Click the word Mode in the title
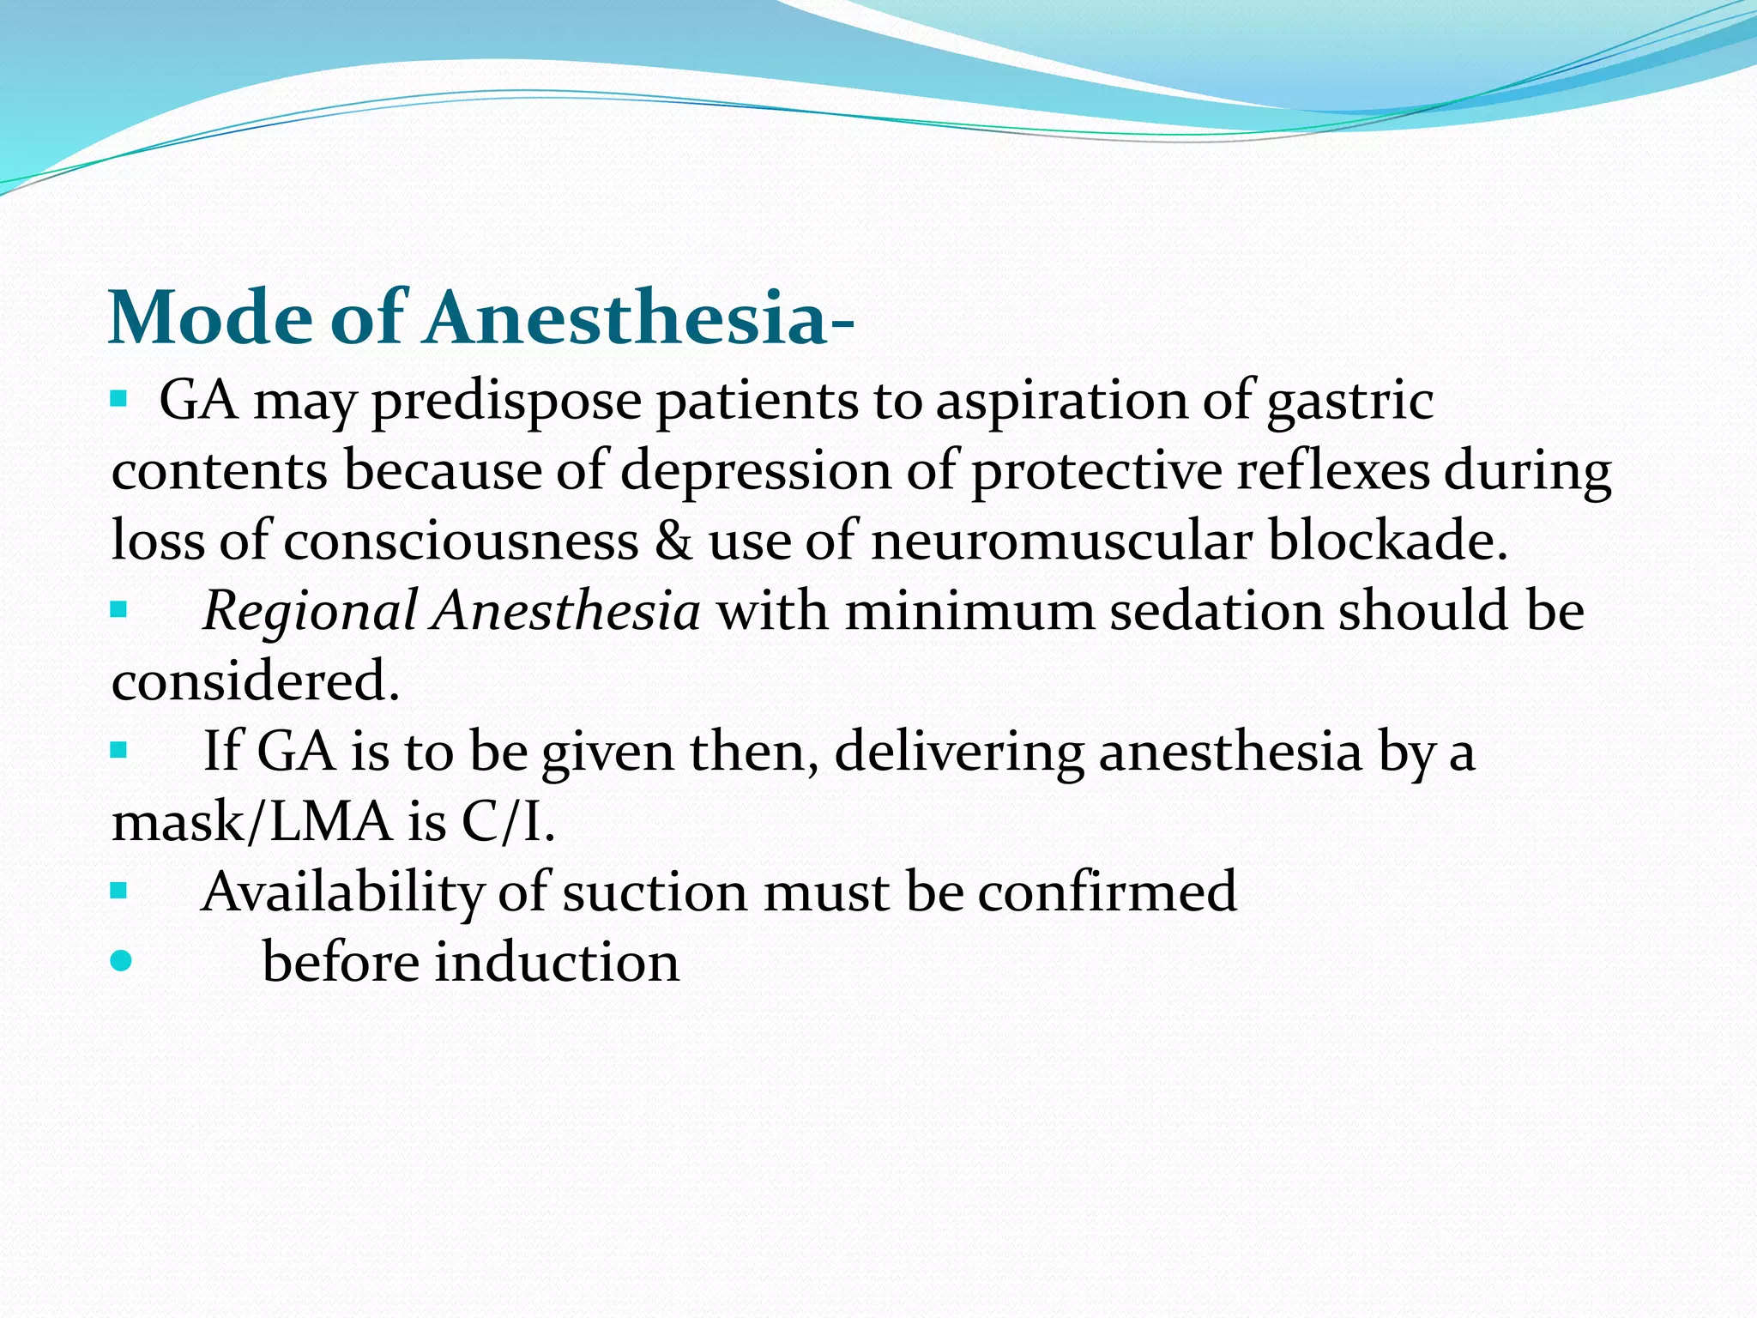pos(210,317)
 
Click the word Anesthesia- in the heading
pos(639,317)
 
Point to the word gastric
pos(1349,402)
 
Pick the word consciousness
pos(461,541)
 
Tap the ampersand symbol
pos(673,541)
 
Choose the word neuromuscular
pos(1061,541)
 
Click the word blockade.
pos(1386,541)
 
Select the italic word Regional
pos(310,613)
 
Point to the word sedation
pos(1215,611)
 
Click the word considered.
pos(255,681)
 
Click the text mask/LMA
pos(251,822)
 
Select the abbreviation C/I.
pos(507,822)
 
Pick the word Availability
pos(343,892)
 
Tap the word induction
pos(557,962)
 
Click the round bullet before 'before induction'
pos(121,960)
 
